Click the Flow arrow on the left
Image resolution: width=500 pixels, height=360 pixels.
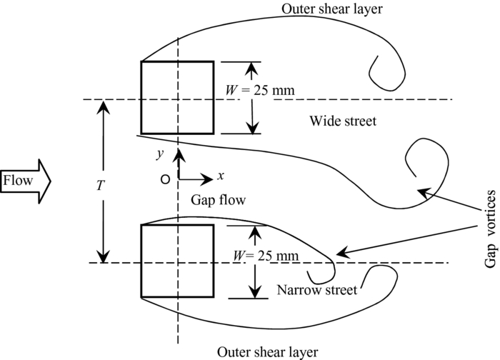coord(26,180)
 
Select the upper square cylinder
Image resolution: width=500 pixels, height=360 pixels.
coord(176,98)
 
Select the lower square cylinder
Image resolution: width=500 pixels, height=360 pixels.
coord(176,261)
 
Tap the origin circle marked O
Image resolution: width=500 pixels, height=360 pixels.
coord(165,180)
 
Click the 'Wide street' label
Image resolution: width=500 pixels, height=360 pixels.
coord(343,121)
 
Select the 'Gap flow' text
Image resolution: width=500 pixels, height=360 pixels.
coord(219,201)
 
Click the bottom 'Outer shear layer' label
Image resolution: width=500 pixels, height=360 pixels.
coord(268,351)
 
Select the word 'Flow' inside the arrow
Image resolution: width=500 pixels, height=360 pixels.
coord(18,180)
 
